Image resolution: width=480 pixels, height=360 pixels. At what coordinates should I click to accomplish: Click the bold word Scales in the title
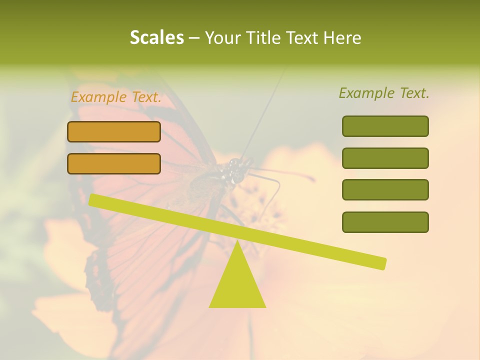[156, 38]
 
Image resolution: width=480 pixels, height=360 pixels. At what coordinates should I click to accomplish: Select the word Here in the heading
[342, 38]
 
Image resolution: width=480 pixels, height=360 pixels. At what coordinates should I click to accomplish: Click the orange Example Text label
[116, 97]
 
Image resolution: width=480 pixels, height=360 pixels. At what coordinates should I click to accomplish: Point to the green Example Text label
[384, 93]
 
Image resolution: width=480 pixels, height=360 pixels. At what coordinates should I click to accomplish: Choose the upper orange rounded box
[114, 131]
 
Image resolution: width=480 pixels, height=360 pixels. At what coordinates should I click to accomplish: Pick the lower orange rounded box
[114, 163]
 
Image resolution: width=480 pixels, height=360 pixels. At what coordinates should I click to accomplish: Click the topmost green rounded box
[385, 126]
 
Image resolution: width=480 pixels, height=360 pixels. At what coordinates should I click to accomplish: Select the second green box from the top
[385, 158]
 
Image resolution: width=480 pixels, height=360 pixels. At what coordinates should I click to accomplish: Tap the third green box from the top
[385, 190]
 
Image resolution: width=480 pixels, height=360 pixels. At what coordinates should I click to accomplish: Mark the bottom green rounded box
[385, 222]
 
